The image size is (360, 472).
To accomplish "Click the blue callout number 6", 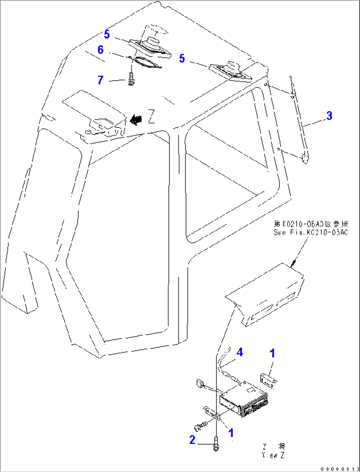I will pos(101,50).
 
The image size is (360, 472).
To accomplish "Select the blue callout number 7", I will pos(100,80).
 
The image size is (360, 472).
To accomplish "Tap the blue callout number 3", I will pos(329,116).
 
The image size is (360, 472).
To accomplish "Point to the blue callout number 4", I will pos(239,352).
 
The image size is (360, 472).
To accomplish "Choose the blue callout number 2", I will pos(192,440).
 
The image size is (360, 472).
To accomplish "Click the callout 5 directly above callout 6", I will pos(107,34).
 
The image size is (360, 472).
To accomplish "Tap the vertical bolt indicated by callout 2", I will pos(216,443).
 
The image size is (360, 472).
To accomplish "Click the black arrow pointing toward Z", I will pos(135,119).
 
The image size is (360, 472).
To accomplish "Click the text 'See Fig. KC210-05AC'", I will pos(310,232).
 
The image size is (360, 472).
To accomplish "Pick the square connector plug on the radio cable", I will pos(200,383).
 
